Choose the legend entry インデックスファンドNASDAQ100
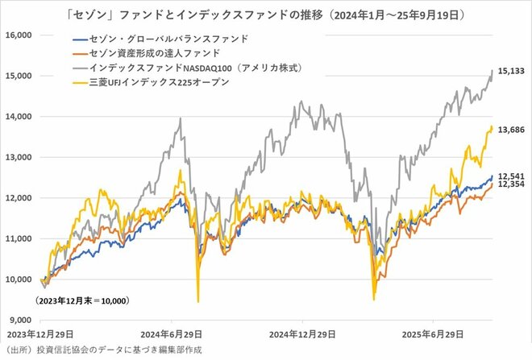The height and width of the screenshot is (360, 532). pos(181,68)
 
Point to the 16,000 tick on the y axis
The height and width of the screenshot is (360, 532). pos(17,35)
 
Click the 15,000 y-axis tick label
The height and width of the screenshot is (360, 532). pos(17,76)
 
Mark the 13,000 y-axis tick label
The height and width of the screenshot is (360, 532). pos(17,158)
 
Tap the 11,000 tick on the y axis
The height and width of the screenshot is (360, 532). pos(17,239)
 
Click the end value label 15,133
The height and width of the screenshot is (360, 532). pos(511,71)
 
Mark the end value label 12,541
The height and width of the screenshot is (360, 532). pos(511,176)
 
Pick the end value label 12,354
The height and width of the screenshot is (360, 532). pos(511,185)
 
